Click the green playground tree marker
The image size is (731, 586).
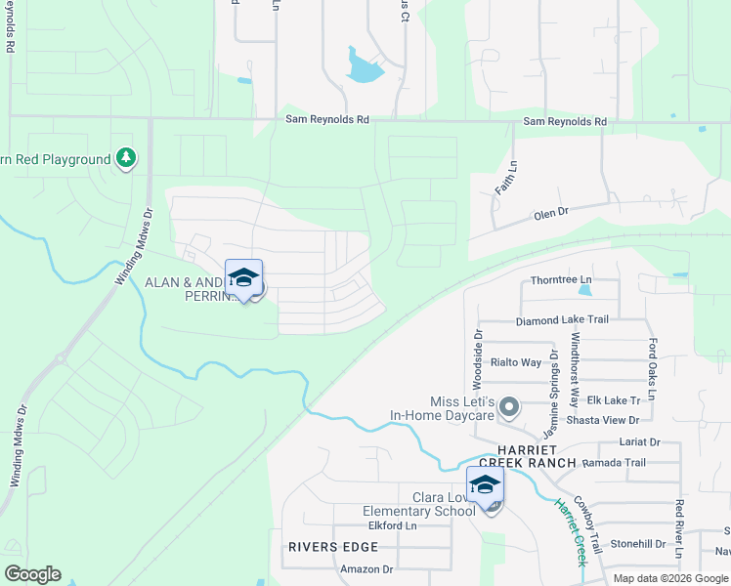click(125, 158)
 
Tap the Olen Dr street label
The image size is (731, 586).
click(550, 214)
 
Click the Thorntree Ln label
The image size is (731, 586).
click(561, 280)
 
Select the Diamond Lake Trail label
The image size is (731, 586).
click(562, 319)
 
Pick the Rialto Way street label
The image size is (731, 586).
click(517, 361)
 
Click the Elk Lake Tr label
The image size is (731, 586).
click(614, 399)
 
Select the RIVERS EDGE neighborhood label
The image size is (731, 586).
click(326, 547)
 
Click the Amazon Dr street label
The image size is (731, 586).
click(366, 569)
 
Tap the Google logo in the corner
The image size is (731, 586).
click(32, 574)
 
